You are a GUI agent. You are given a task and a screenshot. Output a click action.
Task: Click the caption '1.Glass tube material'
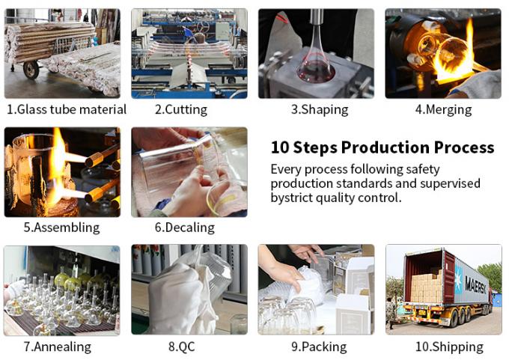[67, 109]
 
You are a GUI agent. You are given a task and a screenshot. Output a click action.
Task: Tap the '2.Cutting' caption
[181, 109]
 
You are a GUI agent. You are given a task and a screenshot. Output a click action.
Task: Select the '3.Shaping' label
[320, 109]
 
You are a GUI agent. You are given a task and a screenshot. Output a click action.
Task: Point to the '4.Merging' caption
[443, 109]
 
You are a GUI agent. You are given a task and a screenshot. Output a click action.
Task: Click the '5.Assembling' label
[61, 228]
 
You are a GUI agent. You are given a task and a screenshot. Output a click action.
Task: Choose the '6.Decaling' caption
[185, 228]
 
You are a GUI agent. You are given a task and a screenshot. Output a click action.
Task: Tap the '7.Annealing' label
[58, 347]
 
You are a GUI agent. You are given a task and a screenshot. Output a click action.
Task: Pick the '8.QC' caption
[182, 347]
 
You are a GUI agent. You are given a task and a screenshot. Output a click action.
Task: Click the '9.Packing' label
[319, 347]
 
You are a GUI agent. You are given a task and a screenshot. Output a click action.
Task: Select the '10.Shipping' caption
[450, 347]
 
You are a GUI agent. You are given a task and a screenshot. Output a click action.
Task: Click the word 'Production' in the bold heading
[385, 147]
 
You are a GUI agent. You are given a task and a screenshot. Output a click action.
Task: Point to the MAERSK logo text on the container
[476, 284]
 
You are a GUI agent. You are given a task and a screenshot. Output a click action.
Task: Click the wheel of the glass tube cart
[31, 70]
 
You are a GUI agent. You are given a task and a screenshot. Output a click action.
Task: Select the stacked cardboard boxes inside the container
[426, 287]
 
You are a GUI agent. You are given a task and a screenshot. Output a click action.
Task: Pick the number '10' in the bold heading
[280, 147]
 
